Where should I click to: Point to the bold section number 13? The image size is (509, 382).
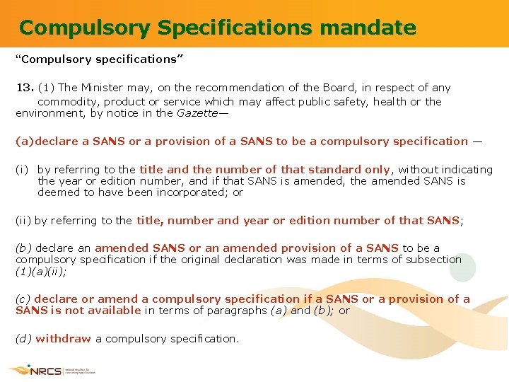pyautogui.click(x=25, y=88)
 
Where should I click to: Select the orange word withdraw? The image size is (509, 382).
pyautogui.click(x=63, y=338)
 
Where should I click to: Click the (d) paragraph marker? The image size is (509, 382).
pyautogui.click(x=23, y=338)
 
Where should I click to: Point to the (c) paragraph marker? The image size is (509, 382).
pyautogui.click(x=23, y=299)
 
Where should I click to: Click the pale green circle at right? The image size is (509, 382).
pyautogui.click(x=463, y=267)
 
